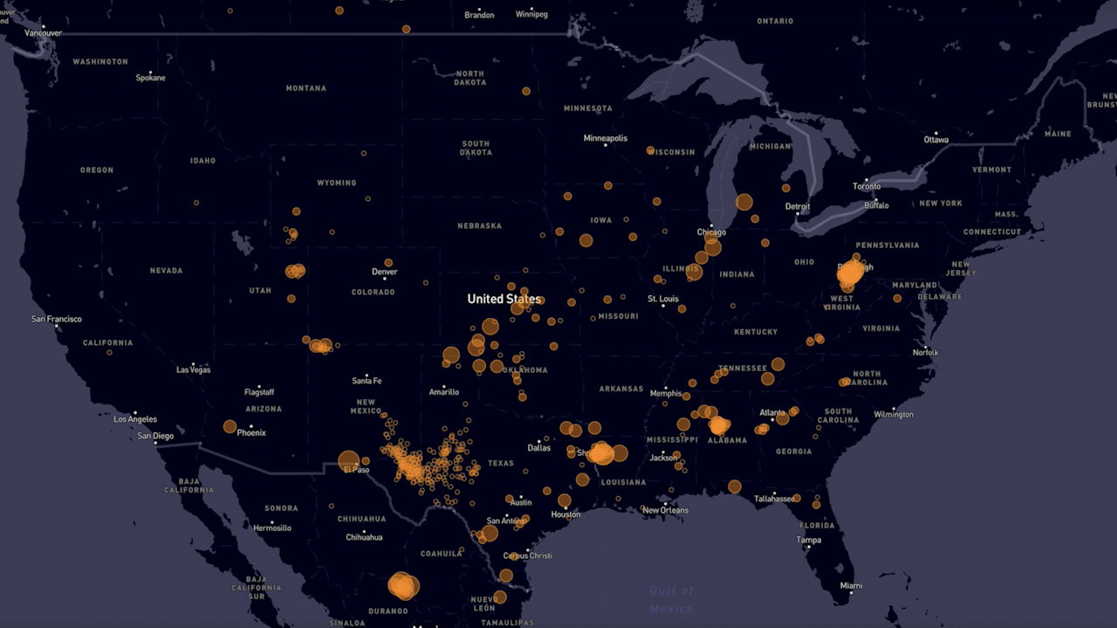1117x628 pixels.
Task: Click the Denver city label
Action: coord(384,272)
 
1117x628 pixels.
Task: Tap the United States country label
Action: coord(504,299)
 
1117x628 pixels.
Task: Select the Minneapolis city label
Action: coord(605,138)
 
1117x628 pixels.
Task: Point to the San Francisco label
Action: coord(57,319)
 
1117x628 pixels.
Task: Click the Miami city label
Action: coord(850,585)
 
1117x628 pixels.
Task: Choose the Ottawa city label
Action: coord(935,140)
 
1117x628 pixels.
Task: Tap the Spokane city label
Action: coord(150,78)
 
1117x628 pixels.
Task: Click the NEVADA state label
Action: coord(166,271)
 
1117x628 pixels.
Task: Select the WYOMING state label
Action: coord(337,183)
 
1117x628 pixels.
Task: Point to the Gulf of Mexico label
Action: coord(672,600)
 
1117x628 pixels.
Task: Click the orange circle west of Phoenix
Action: coord(230,426)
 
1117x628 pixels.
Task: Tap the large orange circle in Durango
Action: coord(402,585)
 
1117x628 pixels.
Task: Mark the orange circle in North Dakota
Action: coord(526,91)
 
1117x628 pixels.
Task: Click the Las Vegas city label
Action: coord(193,369)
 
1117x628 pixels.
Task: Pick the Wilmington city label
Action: coord(893,414)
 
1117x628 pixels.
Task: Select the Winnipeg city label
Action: coord(531,15)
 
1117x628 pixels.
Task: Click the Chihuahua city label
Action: coord(364,537)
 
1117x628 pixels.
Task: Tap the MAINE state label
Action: coord(1058,135)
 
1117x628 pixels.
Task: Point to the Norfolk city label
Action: coord(925,353)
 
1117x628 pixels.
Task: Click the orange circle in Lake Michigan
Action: coord(744,202)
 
